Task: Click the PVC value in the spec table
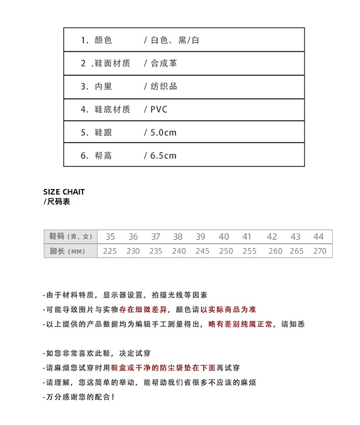159,110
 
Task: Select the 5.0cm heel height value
163,133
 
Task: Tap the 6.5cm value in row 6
163,155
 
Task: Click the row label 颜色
103,40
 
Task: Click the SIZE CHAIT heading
64,192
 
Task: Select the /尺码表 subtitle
57,202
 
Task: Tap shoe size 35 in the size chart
110,236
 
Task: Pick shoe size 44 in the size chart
319,236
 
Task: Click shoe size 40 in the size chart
224,236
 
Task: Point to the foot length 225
110,251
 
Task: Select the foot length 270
320,251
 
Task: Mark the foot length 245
203,251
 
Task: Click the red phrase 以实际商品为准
228,310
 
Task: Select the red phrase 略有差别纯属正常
240,324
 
